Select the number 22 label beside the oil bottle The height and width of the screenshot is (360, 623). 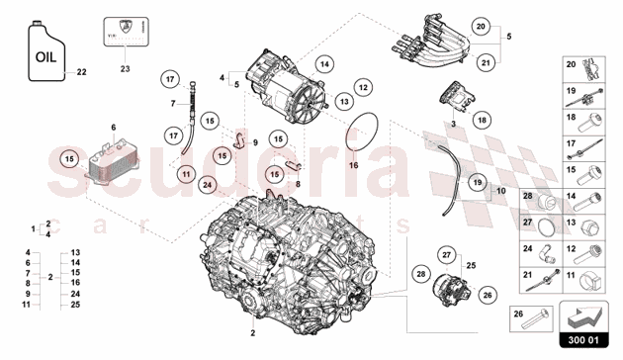click(82, 72)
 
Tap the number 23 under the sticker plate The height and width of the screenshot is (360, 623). click(125, 69)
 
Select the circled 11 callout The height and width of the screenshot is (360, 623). click(185, 174)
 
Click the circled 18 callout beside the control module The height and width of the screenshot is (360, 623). click(482, 120)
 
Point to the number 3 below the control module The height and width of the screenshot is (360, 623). click(452, 126)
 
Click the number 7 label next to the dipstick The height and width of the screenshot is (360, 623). click(172, 103)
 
